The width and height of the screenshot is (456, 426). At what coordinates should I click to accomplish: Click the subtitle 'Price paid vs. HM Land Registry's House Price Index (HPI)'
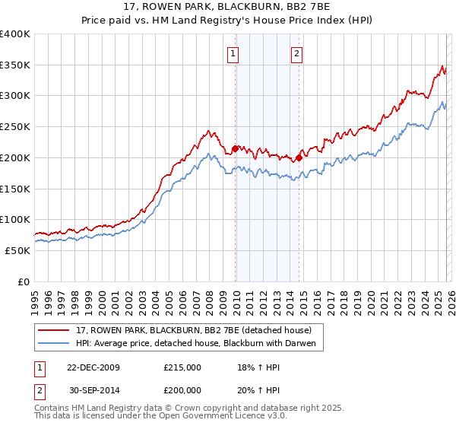(x=229, y=21)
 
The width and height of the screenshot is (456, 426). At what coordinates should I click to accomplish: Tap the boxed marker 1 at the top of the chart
(x=232, y=53)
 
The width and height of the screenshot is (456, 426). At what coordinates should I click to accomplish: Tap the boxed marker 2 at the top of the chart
(x=296, y=53)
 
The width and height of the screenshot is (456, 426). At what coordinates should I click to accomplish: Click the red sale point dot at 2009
(x=235, y=148)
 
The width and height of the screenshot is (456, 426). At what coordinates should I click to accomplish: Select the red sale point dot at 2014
(x=299, y=157)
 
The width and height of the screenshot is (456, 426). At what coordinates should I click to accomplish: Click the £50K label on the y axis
(x=17, y=250)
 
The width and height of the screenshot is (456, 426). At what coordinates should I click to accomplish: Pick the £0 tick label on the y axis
(x=23, y=281)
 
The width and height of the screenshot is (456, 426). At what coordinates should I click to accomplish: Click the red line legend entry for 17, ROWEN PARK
(x=193, y=329)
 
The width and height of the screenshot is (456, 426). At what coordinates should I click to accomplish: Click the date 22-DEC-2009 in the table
(x=88, y=367)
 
